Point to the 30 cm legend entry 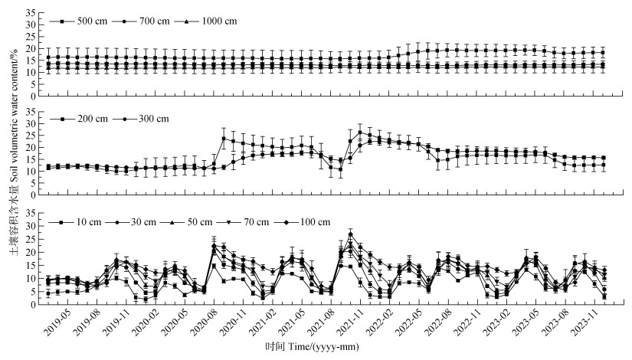(143, 222)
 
